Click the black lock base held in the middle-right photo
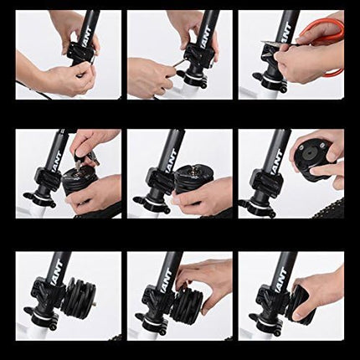[316, 158]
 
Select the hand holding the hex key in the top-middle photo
[151, 78]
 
